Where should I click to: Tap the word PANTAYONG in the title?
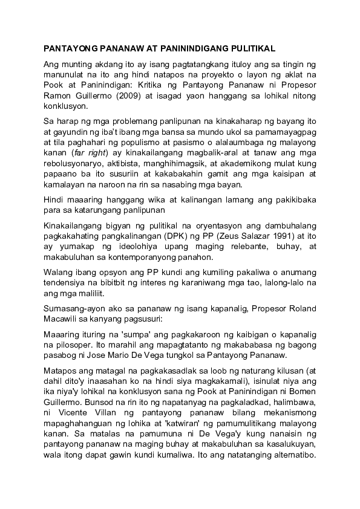[71, 47]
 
